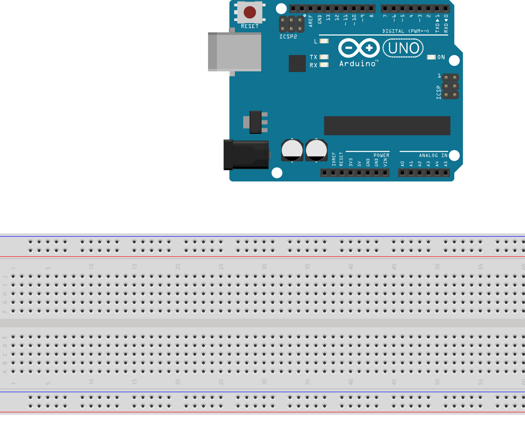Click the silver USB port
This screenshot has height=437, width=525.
pos(234,52)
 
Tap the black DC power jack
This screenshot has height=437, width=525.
pos(246,155)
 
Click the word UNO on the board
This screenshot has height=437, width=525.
pos(404,48)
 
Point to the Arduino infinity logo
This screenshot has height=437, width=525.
pos(359,48)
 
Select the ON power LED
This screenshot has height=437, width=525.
pos(431,57)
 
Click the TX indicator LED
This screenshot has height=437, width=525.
pos(324,57)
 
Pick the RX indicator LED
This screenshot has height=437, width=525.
pos(324,65)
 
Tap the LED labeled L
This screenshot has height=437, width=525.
pos(324,41)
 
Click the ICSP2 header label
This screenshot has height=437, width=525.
pos(288,37)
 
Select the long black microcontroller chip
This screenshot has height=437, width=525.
pos(387,125)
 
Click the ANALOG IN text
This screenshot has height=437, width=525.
pos(433,155)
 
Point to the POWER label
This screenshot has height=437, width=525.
pos(381,155)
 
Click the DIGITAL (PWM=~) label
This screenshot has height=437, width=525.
pos(405,31)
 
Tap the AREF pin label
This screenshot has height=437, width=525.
pos(311,21)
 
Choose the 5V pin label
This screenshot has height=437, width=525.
pos(359,164)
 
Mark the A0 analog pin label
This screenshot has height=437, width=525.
pos(403,164)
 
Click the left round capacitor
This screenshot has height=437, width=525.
pos(292,150)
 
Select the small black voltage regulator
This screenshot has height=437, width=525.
pos(255,122)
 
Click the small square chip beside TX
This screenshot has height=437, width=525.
pos(297,63)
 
